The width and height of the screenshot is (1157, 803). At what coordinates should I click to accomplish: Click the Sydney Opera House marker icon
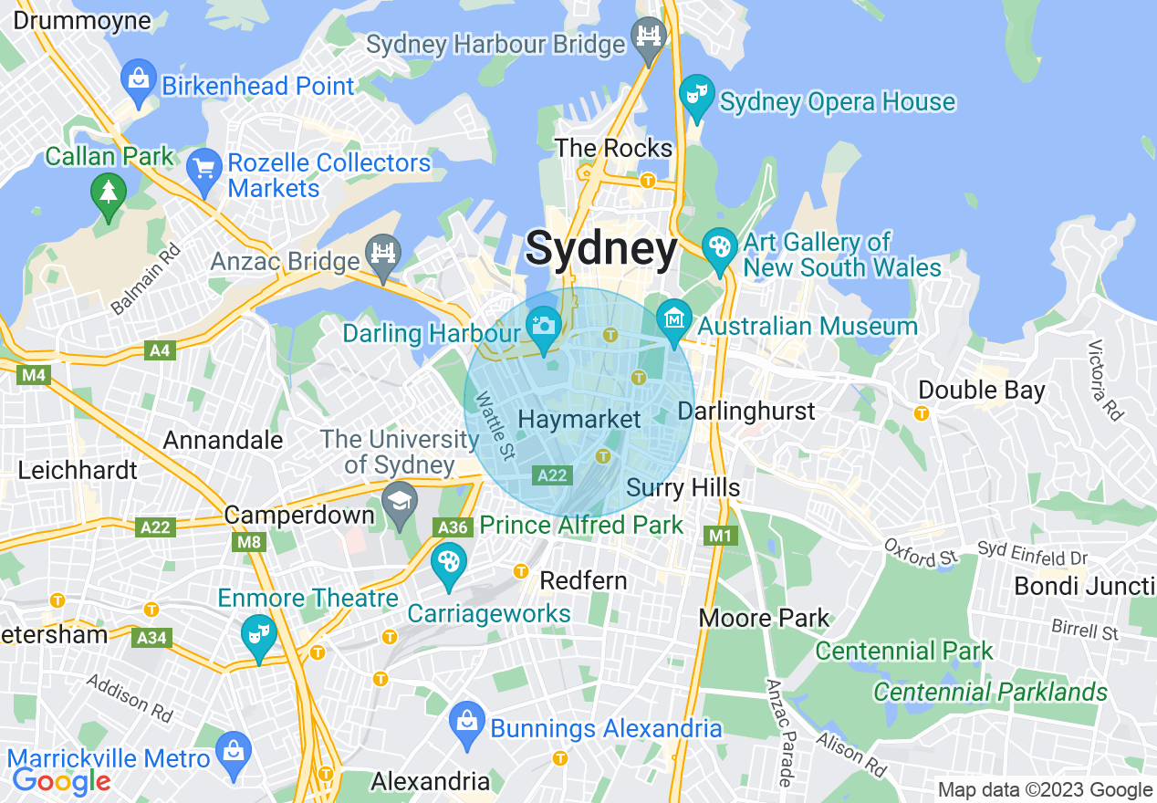[696, 95]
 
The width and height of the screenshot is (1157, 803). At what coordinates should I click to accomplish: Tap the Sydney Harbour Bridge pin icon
[650, 37]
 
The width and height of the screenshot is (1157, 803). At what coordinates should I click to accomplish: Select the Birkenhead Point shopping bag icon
[139, 79]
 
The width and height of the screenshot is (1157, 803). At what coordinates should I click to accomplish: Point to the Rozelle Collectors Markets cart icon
[203, 169]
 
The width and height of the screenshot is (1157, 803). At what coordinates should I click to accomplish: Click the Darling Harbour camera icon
[544, 327]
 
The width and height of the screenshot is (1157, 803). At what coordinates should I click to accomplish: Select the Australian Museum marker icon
[674, 319]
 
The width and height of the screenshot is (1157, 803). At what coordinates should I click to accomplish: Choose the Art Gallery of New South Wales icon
[720, 247]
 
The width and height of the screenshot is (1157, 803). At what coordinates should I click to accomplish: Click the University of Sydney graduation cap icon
[400, 503]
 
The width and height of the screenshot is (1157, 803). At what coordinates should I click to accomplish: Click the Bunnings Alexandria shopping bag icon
[466, 721]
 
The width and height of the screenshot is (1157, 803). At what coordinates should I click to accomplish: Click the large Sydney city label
[602, 249]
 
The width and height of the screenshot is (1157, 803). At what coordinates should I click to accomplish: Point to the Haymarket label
[579, 420]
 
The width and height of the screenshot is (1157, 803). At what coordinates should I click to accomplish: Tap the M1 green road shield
[721, 536]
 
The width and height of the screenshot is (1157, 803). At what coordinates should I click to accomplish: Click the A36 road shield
[453, 527]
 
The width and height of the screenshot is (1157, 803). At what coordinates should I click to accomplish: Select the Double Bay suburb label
[981, 391]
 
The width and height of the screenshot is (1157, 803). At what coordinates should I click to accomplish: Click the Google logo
[61, 781]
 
